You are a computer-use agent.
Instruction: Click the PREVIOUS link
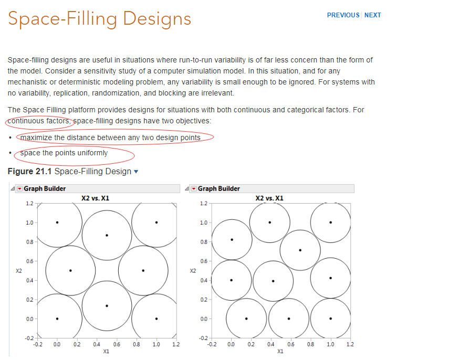click(343, 15)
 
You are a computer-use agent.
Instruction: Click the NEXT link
click(372, 15)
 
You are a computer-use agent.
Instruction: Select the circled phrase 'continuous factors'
click(39, 121)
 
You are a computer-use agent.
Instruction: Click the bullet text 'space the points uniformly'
click(64, 153)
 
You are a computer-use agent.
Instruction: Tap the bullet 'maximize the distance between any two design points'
click(110, 137)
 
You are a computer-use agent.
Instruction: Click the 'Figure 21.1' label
click(29, 172)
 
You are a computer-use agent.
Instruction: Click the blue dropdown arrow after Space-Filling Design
click(137, 172)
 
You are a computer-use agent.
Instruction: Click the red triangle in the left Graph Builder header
click(19, 189)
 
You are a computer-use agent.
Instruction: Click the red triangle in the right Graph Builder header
click(193, 189)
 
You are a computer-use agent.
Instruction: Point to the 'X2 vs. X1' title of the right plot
click(269, 198)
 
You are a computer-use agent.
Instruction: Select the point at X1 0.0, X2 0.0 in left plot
click(57, 319)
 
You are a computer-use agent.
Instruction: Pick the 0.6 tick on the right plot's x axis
click(290, 345)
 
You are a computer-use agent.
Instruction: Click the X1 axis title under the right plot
click(280, 352)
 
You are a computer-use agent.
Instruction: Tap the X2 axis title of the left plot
click(19, 271)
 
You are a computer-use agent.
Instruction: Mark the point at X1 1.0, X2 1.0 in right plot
click(330, 222)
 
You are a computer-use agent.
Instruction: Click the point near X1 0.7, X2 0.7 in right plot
click(300, 250)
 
